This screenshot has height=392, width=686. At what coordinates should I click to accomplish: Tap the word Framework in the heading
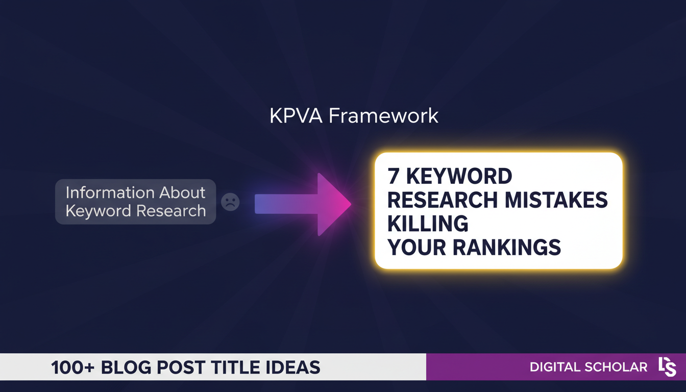[x=383, y=116]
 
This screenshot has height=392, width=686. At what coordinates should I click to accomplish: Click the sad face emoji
[x=230, y=202]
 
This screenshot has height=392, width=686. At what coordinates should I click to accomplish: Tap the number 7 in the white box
[x=393, y=177]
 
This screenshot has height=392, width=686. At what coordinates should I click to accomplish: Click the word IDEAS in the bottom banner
[x=297, y=367]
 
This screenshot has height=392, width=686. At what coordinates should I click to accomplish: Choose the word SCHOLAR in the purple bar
[x=618, y=367]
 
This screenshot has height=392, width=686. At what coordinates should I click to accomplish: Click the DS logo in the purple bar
[x=667, y=367]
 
